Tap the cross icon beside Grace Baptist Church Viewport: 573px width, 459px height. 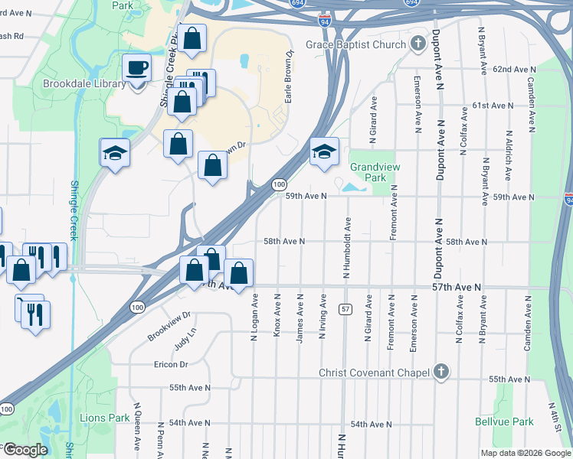coord(417,44)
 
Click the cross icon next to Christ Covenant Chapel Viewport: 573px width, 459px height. coord(440,373)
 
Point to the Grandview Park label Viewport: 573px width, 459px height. coord(368,172)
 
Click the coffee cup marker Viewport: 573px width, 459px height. coord(137,68)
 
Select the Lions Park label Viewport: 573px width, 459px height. coord(105,418)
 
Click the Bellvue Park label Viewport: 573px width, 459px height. coord(512,422)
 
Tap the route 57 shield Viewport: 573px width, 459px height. coord(345,308)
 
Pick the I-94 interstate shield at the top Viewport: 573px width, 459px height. coord(325,21)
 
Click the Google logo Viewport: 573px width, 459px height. coord(25,450)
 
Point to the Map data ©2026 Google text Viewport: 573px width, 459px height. coord(526,453)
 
